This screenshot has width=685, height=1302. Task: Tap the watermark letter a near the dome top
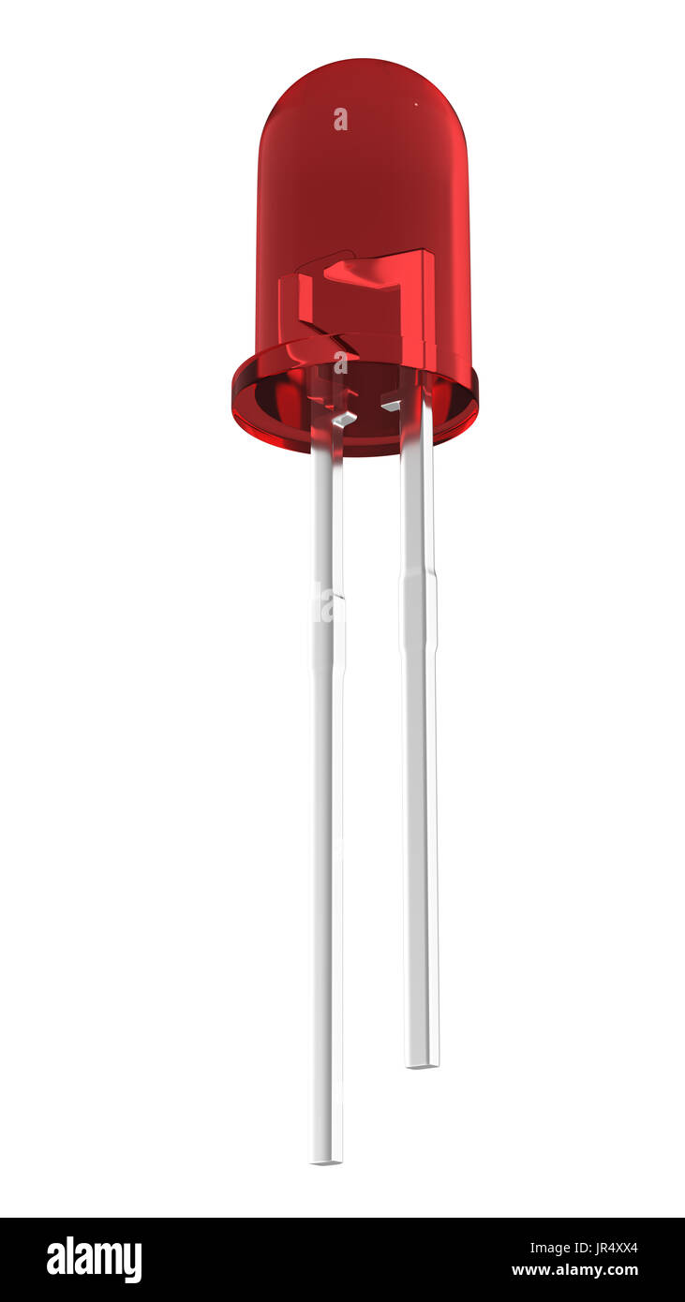coord(340,119)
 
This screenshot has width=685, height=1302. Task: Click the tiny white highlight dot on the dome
coord(415,104)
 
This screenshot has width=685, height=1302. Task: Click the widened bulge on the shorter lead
coord(419,614)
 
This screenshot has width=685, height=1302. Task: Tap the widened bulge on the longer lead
coord(327,631)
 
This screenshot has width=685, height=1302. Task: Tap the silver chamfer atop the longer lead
coord(344,419)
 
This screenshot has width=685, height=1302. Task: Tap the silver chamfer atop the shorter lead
coord(391,406)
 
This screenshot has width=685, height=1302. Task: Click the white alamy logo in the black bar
coord(94,1260)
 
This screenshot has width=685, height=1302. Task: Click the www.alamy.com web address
coord(574,1271)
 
